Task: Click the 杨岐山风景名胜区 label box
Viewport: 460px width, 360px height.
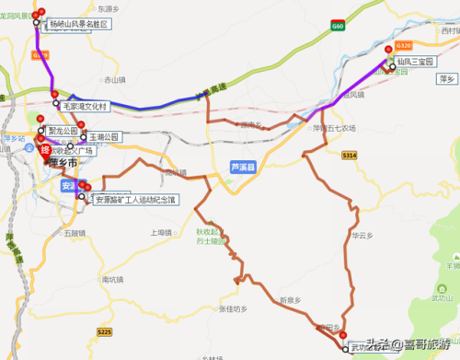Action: (77, 23)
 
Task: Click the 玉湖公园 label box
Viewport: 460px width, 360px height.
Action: (105, 135)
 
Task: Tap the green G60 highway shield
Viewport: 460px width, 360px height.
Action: (339, 28)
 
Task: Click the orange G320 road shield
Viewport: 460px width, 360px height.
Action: (402, 44)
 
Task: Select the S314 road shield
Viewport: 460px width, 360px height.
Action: (349, 157)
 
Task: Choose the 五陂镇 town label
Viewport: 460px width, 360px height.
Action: (75, 233)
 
